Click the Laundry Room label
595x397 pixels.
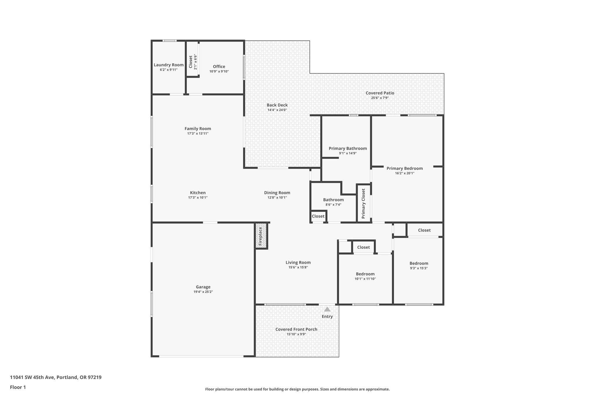tap(169, 65)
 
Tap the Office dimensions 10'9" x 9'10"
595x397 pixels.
tap(219, 71)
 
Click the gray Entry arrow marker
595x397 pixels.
tap(327, 309)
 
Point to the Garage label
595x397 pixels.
tap(203, 287)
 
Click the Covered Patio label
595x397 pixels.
tap(380, 93)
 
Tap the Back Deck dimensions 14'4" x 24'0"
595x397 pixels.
tap(277, 110)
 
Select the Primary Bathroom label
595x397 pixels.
tap(347, 148)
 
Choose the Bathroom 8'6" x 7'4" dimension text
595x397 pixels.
tap(333, 204)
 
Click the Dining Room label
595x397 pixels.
tap(277, 193)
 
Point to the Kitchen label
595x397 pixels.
tap(198, 193)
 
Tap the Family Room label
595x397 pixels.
tap(198, 129)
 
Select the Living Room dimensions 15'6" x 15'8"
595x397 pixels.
tap(298, 267)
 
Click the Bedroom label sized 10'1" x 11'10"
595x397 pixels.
tap(365, 274)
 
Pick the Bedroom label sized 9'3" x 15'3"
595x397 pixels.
tap(419, 263)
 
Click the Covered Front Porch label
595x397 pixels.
tap(296, 329)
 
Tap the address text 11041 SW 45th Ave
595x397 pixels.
tap(32, 378)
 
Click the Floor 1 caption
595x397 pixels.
tap(18, 387)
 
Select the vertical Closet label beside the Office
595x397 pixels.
tap(191, 62)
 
